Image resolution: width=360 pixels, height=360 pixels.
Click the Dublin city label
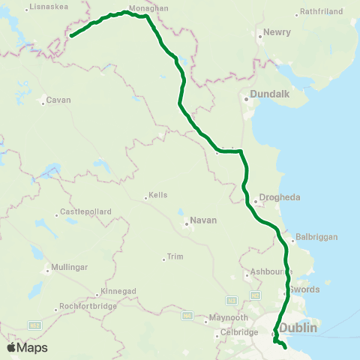(299, 328)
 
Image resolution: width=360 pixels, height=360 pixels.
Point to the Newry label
(272, 33)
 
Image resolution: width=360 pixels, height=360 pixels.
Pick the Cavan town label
(58, 100)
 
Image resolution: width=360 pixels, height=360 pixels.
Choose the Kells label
(157, 195)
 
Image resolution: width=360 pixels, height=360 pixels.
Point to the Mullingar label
(69, 267)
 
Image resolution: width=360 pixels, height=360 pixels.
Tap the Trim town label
(175, 256)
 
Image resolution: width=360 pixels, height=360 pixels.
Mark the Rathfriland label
(320, 12)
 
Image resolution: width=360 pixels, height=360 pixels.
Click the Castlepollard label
(85, 212)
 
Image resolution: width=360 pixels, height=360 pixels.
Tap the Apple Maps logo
(26, 347)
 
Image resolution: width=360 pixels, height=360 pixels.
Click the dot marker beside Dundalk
(244, 97)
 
